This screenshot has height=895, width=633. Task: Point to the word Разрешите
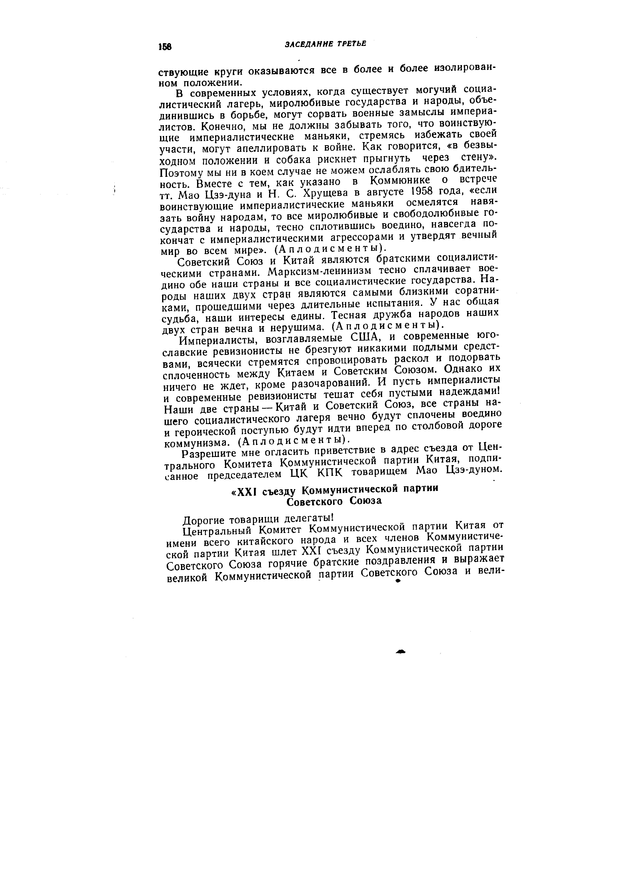(x=209, y=454)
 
